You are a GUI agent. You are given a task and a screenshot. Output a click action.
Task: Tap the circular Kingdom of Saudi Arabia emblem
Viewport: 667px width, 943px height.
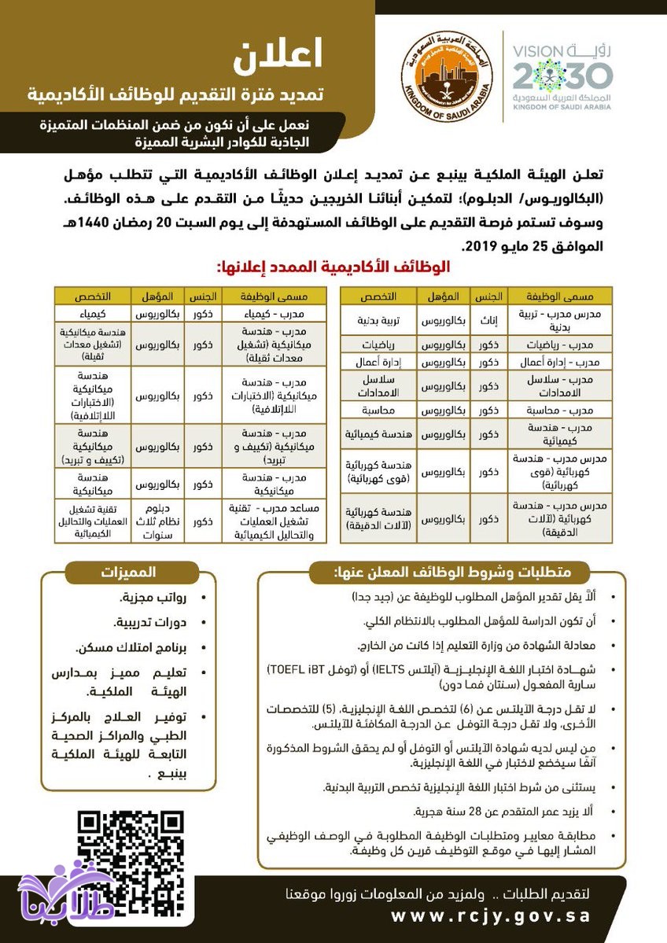445,75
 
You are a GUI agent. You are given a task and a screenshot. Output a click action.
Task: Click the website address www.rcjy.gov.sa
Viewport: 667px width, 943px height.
489,916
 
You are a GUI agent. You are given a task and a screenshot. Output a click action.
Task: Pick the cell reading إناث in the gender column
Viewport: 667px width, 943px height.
488,322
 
